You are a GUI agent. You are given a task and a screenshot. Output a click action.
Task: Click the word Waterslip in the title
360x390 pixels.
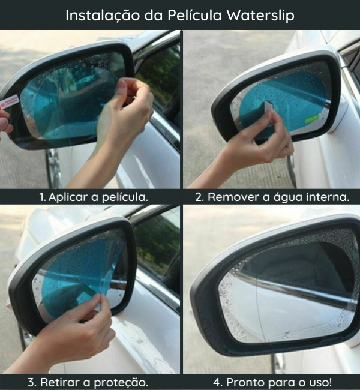pyautogui.click(x=260, y=16)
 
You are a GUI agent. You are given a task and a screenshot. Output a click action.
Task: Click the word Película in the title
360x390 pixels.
pyautogui.click(x=194, y=15)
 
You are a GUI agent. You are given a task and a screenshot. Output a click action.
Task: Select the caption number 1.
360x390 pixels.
pyautogui.click(x=43, y=197)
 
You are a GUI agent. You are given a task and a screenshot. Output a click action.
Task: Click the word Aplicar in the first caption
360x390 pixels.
pyautogui.click(x=68, y=197)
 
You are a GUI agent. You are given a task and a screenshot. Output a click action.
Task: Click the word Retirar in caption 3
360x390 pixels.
pyautogui.click(x=61, y=382)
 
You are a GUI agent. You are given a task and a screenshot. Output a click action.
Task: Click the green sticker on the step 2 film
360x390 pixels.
pyautogui.click(x=312, y=118)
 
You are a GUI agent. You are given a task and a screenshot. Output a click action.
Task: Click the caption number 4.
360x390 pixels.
pyautogui.click(x=218, y=383)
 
